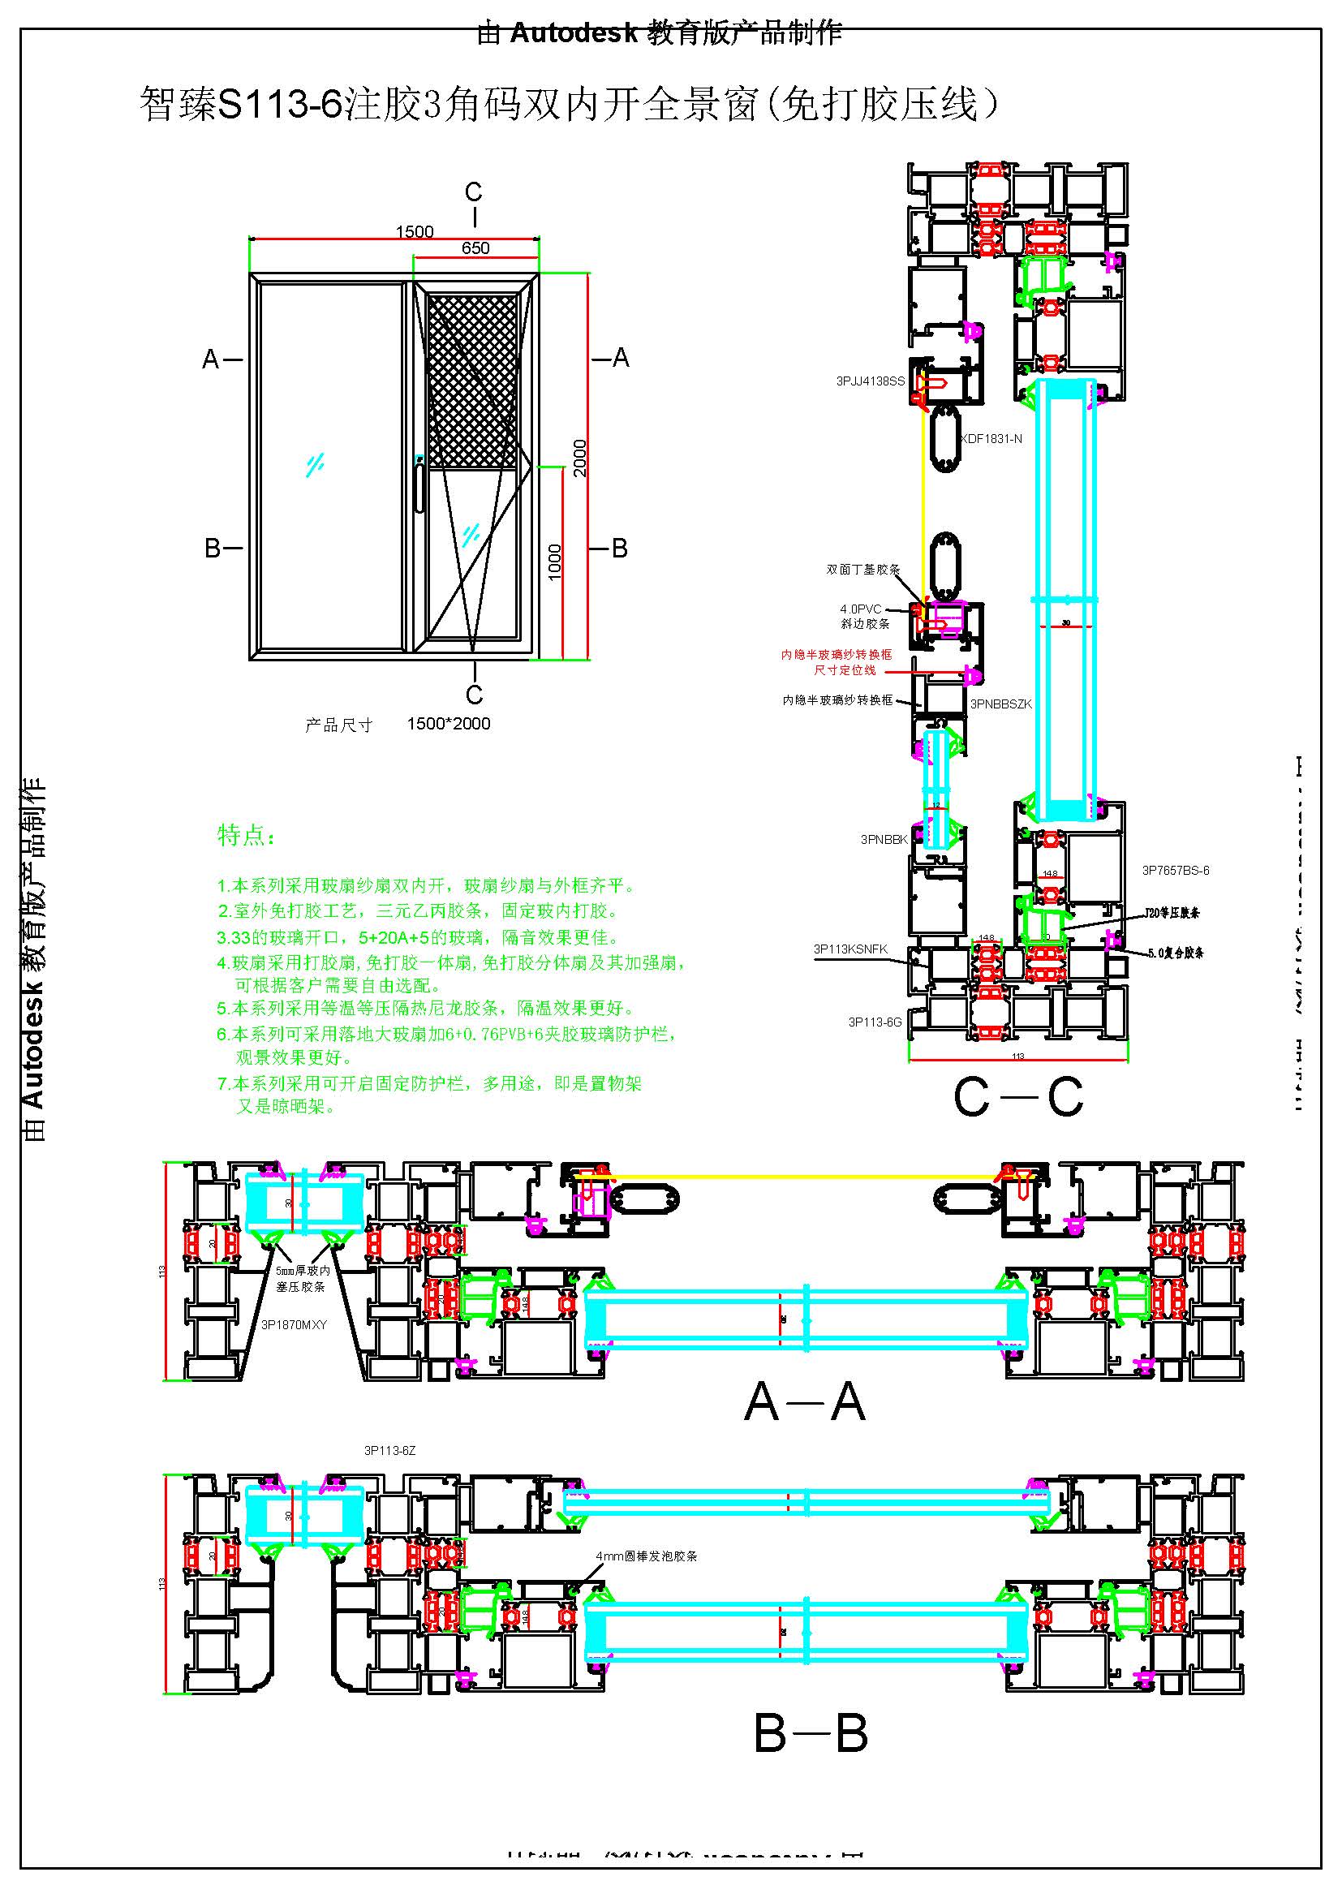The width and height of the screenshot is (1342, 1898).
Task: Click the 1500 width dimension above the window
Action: (x=414, y=231)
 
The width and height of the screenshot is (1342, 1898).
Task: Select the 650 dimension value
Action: (x=475, y=248)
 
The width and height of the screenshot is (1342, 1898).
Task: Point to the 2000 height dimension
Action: (x=580, y=457)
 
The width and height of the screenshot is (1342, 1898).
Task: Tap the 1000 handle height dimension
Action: (x=555, y=562)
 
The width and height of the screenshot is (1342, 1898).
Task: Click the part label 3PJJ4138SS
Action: (x=869, y=381)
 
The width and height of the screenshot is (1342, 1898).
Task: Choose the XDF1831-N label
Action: (x=991, y=439)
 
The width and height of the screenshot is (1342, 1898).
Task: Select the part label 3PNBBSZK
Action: (x=1000, y=704)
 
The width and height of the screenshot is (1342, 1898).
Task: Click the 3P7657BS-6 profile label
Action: (x=1175, y=871)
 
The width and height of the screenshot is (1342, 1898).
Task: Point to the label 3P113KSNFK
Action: (x=850, y=949)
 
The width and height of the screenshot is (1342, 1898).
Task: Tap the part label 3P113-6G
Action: (x=875, y=1022)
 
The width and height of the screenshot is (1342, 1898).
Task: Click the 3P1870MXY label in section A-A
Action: (x=295, y=1325)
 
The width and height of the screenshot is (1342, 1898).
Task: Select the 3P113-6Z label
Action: (x=389, y=1451)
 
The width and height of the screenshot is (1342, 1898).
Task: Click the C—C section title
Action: (x=1017, y=1098)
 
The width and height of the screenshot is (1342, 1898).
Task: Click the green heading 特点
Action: (x=245, y=836)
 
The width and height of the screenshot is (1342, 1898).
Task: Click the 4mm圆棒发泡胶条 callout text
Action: (x=646, y=1556)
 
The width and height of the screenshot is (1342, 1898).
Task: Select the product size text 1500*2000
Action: (x=448, y=724)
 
